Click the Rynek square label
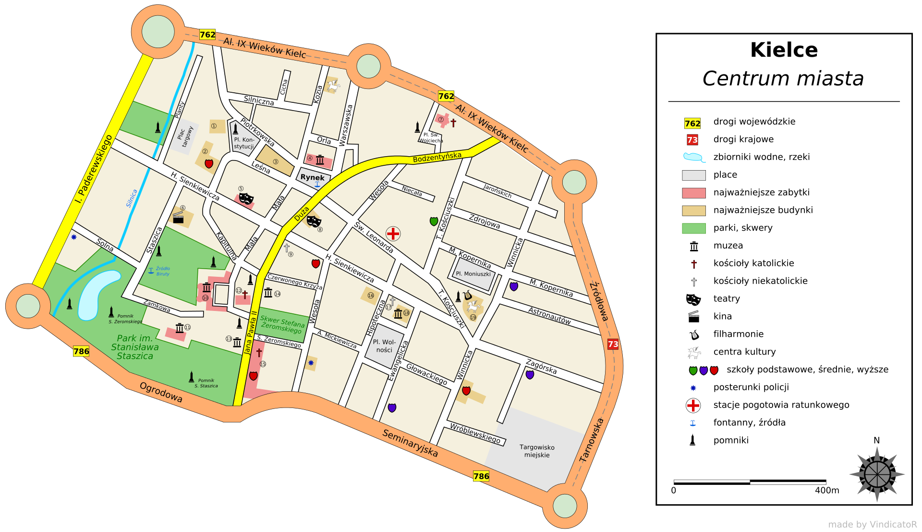coord(312,177)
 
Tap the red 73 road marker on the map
coord(613,344)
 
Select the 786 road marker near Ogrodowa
coord(81,351)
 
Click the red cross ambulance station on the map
coord(393,234)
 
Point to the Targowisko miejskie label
coord(537,451)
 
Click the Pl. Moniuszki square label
coord(473,274)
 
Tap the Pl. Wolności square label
coord(384,346)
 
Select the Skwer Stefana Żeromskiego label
coord(282,324)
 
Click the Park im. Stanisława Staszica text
coord(134,347)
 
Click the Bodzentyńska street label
coord(437,157)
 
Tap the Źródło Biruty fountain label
coord(162,271)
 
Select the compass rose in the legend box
coord(877,474)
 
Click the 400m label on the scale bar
coord(827,490)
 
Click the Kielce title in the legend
coord(784,50)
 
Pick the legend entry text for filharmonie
coord(738,334)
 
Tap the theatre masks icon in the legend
coord(693,299)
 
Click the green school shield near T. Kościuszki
coord(434,221)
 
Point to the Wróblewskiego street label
coord(474,433)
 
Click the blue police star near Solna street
coord(73,237)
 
